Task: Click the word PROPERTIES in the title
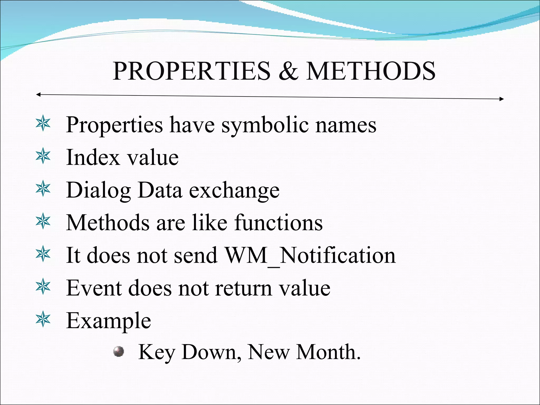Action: pyautogui.click(x=192, y=71)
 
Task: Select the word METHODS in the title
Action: pyautogui.click(x=370, y=71)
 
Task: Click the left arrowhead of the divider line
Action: pyautogui.click(x=38, y=94)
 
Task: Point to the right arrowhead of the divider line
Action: pyautogui.click(x=502, y=99)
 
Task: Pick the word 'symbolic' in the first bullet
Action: pyautogui.click(x=265, y=125)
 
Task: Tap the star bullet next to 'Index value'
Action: pyautogui.click(x=43, y=156)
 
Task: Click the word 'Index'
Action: pyautogui.click(x=93, y=157)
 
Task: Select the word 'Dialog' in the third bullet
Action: pyautogui.click(x=98, y=191)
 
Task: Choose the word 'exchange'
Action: pyautogui.click(x=234, y=191)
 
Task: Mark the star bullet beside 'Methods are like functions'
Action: pyautogui.click(x=43, y=221)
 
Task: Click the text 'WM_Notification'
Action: pyautogui.click(x=310, y=255)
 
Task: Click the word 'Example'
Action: pyautogui.click(x=108, y=321)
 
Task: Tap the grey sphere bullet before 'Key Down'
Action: pyautogui.click(x=118, y=351)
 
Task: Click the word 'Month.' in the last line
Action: pyautogui.click(x=328, y=352)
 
